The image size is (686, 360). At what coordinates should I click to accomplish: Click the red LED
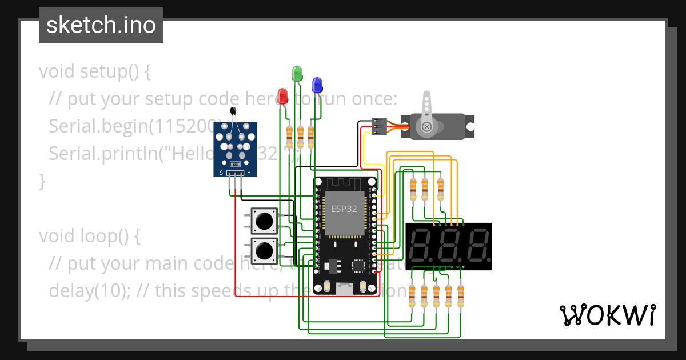tap(282, 95)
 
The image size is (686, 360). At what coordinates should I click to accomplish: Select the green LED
tap(297, 73)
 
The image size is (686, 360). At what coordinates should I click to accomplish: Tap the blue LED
tap(317, 85)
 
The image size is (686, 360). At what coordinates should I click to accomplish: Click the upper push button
tap(264, 221)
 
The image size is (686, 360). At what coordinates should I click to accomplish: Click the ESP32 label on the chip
tap(344, 209)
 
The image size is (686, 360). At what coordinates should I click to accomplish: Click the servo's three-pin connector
tap(378, 126)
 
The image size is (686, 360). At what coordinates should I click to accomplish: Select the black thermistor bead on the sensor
tap(232, 111)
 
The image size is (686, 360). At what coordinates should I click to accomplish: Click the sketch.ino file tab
tap(101, 25)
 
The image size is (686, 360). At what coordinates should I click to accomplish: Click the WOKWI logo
tap(607, 315)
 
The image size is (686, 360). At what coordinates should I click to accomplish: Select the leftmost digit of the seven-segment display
tap(420, 246)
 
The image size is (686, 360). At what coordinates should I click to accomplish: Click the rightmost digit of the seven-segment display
tap(478, 246)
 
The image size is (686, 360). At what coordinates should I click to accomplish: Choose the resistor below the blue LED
tap(311, 136)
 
